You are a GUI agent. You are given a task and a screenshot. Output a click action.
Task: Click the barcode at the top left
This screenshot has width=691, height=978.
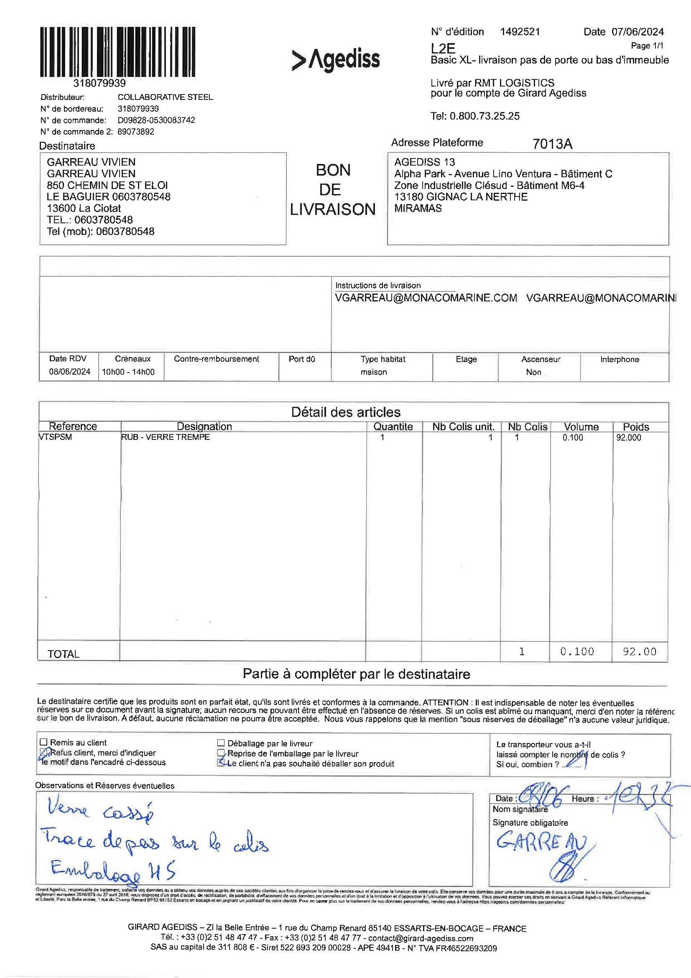[118, 52]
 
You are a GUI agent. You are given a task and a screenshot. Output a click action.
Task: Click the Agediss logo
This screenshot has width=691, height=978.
[336, 59]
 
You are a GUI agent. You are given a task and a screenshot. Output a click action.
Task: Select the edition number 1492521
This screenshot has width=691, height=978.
[520, 31]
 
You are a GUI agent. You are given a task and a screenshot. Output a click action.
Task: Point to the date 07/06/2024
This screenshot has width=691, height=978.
[637, 31]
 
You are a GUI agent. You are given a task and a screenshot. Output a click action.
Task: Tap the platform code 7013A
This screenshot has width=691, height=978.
[552, 144]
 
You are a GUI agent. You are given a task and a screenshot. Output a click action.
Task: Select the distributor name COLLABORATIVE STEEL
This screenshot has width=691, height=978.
[165, 97]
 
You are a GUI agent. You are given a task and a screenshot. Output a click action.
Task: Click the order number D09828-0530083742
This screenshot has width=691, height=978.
[156, 120]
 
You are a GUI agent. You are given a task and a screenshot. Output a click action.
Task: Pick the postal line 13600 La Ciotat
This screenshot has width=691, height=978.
[84, 208]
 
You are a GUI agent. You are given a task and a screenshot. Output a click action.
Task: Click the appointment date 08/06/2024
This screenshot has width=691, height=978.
[69, 371]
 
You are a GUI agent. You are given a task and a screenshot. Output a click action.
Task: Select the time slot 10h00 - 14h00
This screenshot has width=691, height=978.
[128, 372]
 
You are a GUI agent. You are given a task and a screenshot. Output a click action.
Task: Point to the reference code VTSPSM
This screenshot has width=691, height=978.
[55, 437]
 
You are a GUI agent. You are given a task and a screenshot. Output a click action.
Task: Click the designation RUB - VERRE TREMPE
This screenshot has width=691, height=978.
[166, 437]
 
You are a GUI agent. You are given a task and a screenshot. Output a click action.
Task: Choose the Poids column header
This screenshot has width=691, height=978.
[636, 427]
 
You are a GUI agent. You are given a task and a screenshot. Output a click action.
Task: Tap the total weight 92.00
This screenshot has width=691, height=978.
[639, 651]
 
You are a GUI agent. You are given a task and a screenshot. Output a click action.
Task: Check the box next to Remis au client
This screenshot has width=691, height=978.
[43, 742]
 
